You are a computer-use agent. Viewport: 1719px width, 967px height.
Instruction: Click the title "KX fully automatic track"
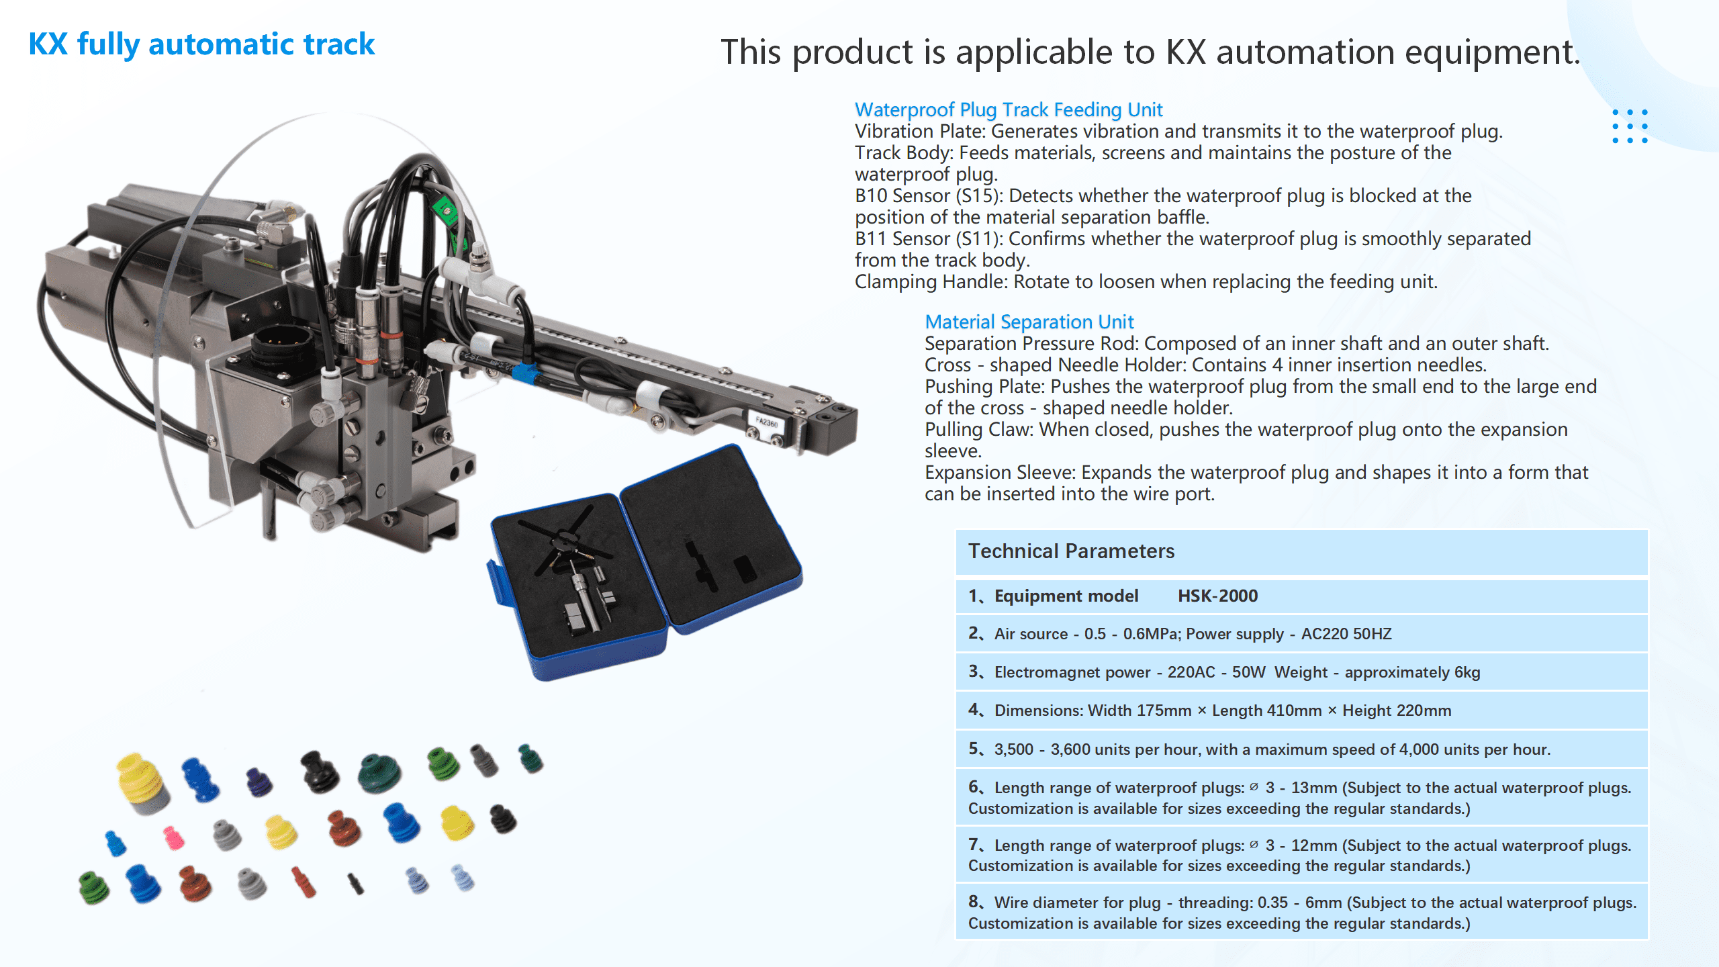click(x=201, y=44)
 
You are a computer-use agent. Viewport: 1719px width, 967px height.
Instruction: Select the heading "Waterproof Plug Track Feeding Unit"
click(x=1008, y=109)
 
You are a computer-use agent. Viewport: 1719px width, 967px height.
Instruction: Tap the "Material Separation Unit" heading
click(x=1029, y=322)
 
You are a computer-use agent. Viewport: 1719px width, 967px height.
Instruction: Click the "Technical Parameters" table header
click(x=1071, y=551)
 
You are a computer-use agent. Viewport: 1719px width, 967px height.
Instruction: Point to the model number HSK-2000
click(x=1217, y=596)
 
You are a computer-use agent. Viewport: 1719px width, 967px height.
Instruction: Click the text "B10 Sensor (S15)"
click(x=929, y=195)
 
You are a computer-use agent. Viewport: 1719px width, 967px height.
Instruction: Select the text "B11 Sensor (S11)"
click(x=929, y=238)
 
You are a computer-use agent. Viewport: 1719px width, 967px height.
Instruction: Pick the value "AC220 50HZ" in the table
click(x=1346, y=634)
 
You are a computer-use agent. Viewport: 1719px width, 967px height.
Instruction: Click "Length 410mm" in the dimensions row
click(x=1266, y=710)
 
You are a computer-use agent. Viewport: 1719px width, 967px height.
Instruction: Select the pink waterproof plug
click(x=174, y=837)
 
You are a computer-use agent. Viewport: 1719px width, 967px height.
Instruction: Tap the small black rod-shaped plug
click(x=356, y=884)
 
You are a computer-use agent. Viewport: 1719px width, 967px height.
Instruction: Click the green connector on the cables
click(x=445, y=210)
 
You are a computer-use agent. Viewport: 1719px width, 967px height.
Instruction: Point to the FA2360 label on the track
click(x=766, y=422)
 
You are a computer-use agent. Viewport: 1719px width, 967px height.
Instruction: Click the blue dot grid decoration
click(x=1630, y=126)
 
